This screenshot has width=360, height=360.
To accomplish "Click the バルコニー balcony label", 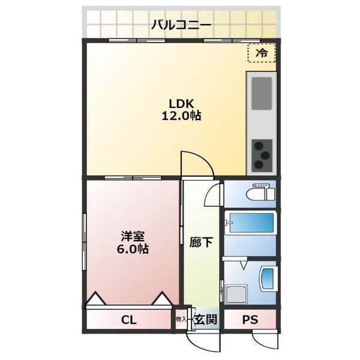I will coord(181,25).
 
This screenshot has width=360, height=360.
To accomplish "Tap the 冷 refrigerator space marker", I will coord(262,53).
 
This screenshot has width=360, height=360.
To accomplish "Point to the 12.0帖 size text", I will coord(180,116).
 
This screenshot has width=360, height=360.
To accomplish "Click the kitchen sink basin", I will coord(262,94).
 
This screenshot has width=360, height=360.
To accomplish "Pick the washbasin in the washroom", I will coord(267,278).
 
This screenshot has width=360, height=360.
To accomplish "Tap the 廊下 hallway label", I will coord(200,244).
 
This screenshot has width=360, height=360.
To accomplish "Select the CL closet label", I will coord(129,320).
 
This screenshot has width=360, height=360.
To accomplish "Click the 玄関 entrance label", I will coord(205,320).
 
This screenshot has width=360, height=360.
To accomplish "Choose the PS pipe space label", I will coord(250,320).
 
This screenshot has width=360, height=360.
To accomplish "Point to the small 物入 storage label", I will coord(181,319).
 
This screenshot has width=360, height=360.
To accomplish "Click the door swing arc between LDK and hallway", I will coord(195,163).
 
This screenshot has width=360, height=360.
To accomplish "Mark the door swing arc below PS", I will coord(264,340).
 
